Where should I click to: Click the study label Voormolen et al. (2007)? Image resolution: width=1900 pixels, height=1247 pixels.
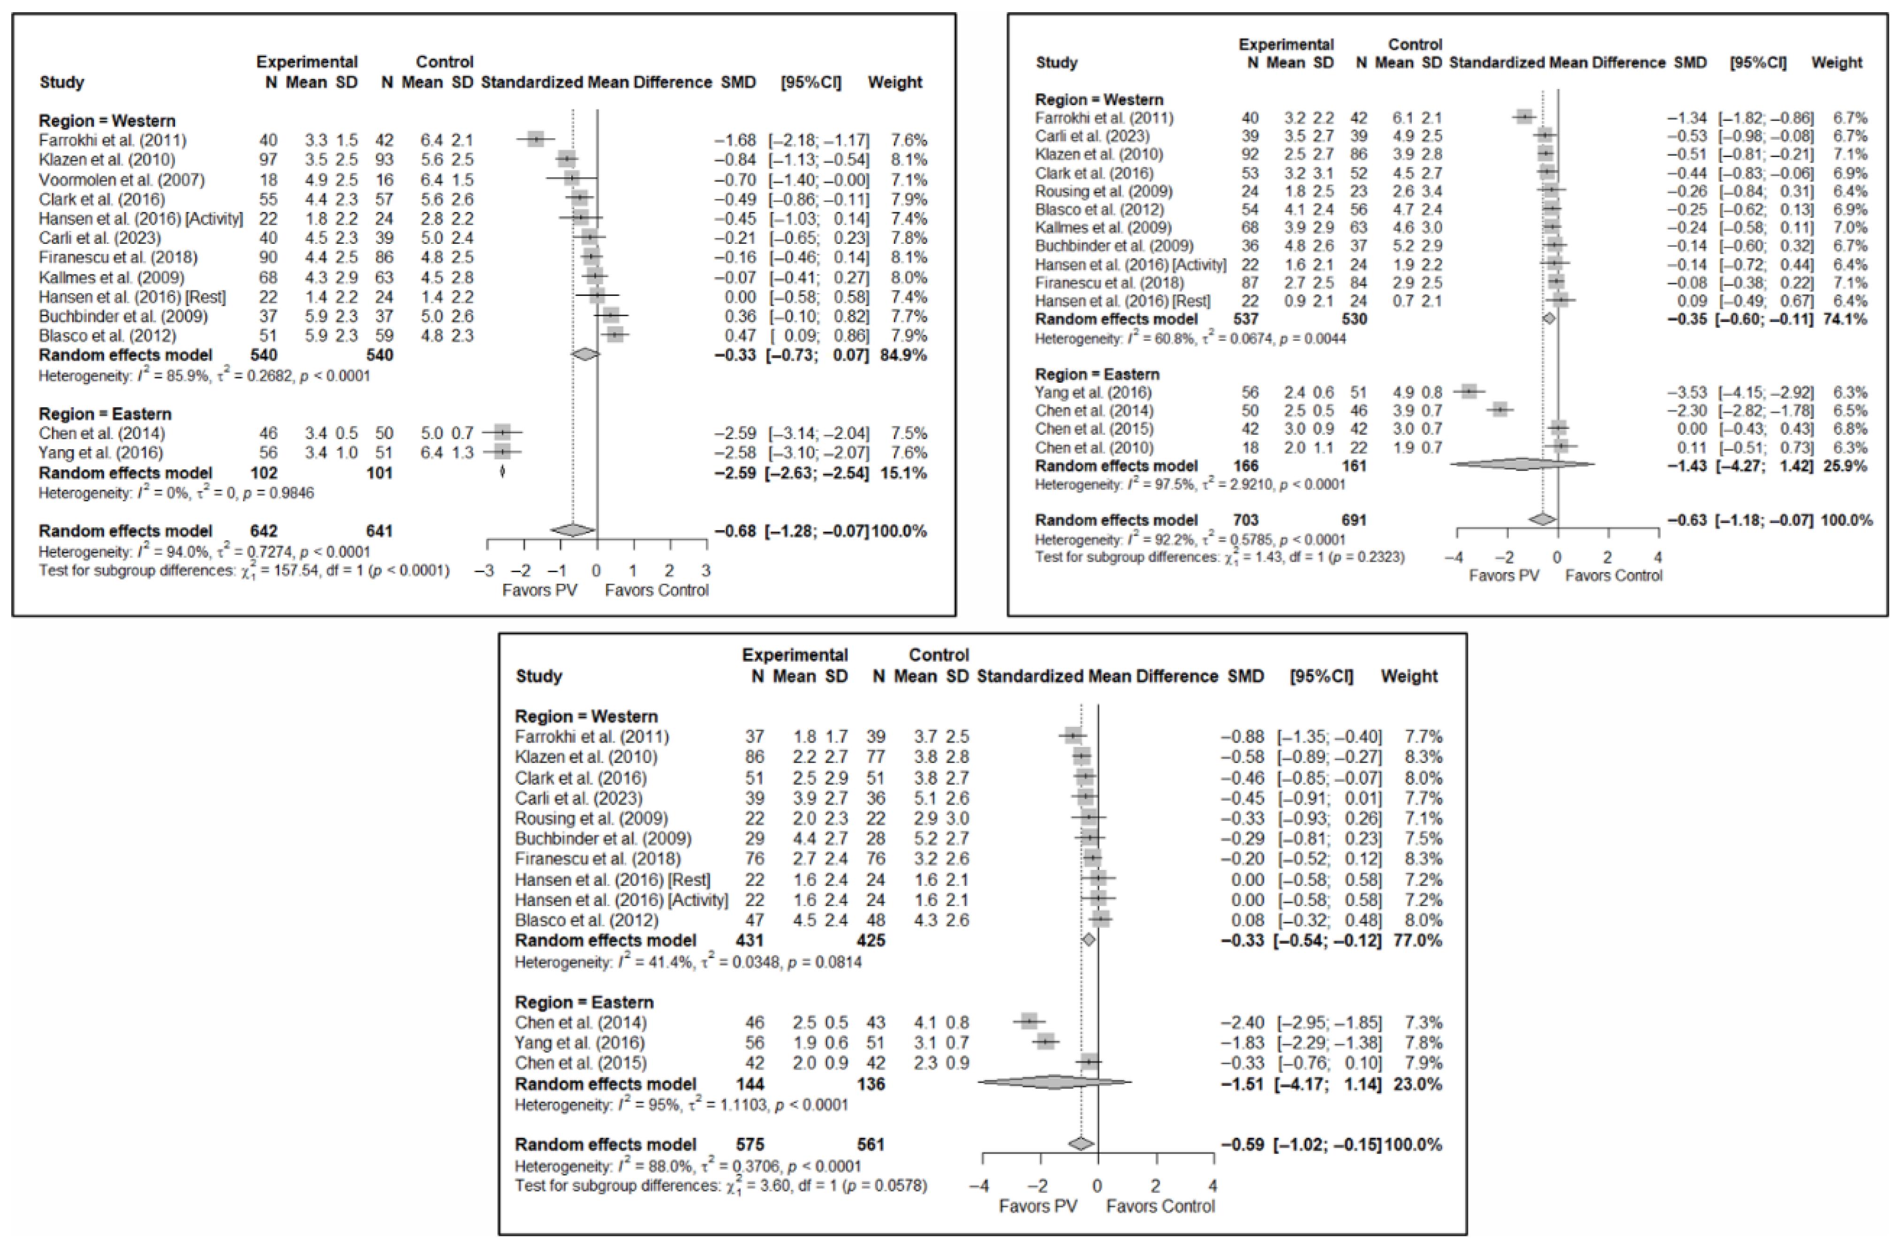[x=121, y=180]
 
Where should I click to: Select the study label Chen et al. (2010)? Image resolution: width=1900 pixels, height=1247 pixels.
[x=1094, y=448]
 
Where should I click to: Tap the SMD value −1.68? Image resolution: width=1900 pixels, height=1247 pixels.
[x=734, y=141]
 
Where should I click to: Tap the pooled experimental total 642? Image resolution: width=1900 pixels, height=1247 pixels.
[x=264, y=531]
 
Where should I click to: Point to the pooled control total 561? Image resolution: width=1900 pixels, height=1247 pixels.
[x=871, y=1144]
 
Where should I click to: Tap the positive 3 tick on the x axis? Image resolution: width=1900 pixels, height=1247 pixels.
[x=706, y=571]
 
